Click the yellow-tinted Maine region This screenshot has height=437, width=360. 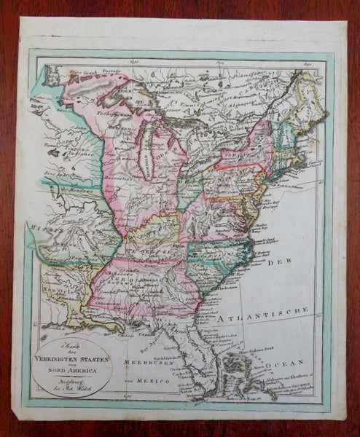pyautogui.click(x=302, y=109)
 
